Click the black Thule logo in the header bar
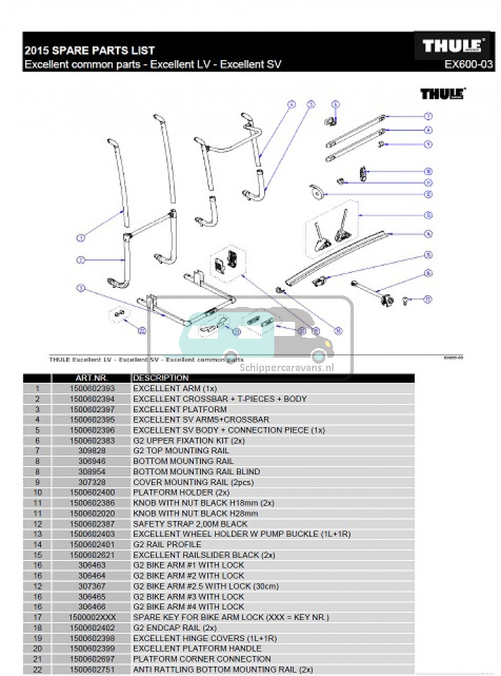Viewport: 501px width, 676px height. pyautogui.click(x=450, y=47)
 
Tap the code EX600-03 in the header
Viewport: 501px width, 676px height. pyautogui.click(x=469, y=65)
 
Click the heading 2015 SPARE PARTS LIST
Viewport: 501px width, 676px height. pyautogui.click(x=89, y=50)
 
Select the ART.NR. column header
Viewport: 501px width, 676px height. pyautogui.click(x=92, y=378)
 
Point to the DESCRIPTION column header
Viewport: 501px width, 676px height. pyautogui.click(x=161, y=378)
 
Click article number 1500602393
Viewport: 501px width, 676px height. pyautogui.click(x=93, y=389)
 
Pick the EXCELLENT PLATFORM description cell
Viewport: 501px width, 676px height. pyautogui.click(x=180, y=410)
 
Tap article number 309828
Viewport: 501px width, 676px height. pyautogui.click(x=93, y=451)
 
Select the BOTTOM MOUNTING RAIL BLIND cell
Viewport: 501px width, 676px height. pyautogui.click(x=196, y=472)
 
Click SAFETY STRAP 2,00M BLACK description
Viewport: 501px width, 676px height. pyautogui.click(x=190, y=524)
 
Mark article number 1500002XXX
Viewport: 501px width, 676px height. pyautogui.click(x=93, y=618)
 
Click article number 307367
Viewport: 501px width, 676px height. pyautogui.click(x=93, y=586)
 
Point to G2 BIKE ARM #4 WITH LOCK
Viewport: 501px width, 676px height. pyautogui.click(x=188, y=607)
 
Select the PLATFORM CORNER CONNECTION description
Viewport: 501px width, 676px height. pyautogui.click(x=202, y=659)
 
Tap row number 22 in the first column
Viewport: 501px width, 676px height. pyautogui.click(x=38, y=669)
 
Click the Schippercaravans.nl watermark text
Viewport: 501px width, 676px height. pyautogui.click(x=287, y=369)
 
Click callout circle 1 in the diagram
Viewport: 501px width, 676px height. pyautogui.click(x=80, y=238)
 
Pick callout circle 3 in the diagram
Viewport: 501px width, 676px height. pyautogui.click(x=80, y=288)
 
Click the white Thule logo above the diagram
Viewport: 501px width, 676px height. pyautogui.click(x=442, y=94)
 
